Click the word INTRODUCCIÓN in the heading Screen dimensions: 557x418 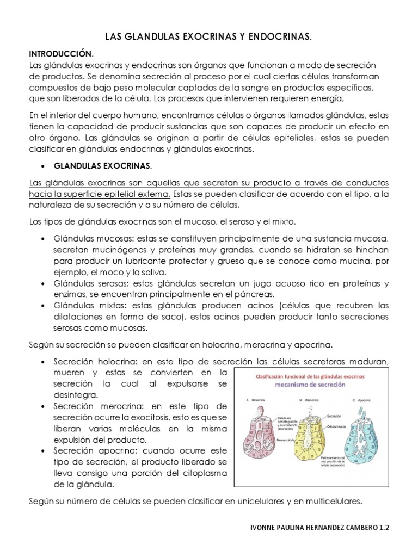[x=60, y=54]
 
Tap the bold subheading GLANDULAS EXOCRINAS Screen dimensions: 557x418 [x=102, y=165]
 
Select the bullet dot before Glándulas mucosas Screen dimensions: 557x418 [x=44, y=239]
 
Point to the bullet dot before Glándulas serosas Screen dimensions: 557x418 [x=44, y=284]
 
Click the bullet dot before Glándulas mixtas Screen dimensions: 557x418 [x=44, y=306]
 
